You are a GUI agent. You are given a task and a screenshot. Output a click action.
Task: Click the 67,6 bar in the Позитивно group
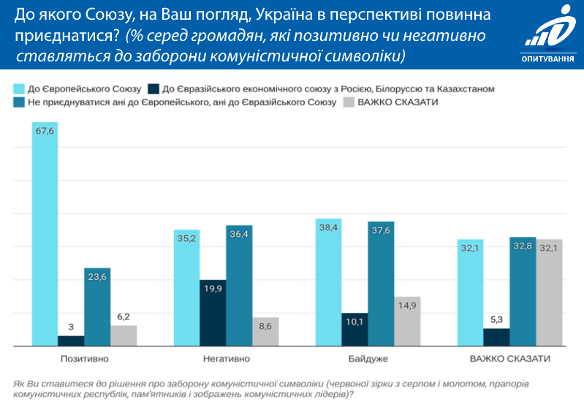point(45,234)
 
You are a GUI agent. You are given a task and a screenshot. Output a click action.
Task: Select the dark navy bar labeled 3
point(71,341)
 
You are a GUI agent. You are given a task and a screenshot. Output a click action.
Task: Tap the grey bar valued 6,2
point(124,335)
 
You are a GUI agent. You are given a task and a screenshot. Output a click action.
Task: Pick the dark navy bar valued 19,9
point(213,313)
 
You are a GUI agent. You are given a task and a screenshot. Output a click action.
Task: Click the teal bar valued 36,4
point(239,285)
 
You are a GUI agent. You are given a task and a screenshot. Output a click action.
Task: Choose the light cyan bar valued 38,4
point(328,282)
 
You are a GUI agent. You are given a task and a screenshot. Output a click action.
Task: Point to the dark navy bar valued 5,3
point(496,337)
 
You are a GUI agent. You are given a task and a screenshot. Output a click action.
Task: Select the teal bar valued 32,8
point(523,292)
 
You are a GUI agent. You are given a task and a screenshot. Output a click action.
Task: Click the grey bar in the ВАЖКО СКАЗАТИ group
point(549,292)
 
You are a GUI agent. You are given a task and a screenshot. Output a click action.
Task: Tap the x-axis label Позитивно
point(84,359)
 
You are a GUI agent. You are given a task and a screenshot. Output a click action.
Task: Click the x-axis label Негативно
point(226,359)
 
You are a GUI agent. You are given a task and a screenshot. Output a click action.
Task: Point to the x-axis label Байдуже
point(368,359)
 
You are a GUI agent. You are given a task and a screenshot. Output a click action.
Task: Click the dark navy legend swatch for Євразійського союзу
point(154,88)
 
